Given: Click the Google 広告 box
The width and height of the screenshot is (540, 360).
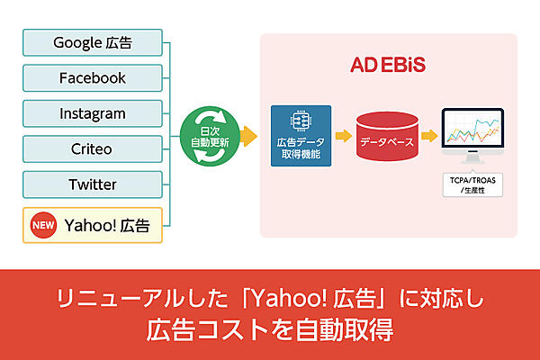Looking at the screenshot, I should [x=92, y=42].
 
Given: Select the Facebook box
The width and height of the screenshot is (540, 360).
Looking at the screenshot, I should [x=92, y=77].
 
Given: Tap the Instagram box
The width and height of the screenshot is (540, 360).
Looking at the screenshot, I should [x=92, y=113].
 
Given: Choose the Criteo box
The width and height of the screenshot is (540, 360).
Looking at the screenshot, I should [x=92, y=148].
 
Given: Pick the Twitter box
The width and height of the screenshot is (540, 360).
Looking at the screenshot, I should [x=92, y=184].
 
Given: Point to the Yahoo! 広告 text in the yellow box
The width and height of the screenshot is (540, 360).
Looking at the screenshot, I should [x=106, y=224].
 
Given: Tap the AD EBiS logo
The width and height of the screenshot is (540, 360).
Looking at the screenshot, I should [x=387, y=66].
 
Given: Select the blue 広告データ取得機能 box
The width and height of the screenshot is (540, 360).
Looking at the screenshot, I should [x=301, y=136].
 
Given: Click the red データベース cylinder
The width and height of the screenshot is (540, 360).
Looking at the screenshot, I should [x=387, y=137].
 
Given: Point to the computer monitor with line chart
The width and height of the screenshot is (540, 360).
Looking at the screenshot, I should [x=472, y=135].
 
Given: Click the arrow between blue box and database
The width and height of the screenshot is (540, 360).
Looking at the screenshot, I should [x=343, y=136].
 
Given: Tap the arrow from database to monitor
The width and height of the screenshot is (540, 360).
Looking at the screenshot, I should [x=430, y=136].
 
